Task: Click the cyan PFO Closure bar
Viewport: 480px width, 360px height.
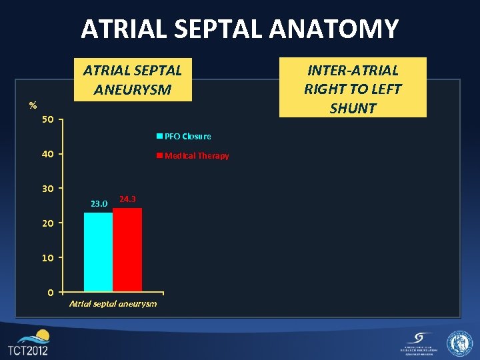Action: [x=98, y=252]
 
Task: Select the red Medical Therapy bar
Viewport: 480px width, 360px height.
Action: [x=127, y=250]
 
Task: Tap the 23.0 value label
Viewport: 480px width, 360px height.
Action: [x=99, y=203]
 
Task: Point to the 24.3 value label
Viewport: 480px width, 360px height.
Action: [x=127, y=199]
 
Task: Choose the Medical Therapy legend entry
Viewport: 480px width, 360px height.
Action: [x=193, y=156]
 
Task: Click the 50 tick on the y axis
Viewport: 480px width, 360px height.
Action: [x=47, y=120]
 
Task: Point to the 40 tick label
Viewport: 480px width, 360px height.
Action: [x=47, y=154]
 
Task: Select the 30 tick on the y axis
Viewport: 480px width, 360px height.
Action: [x=47, y=189]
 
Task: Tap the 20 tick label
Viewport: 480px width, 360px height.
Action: [x=47, y=223]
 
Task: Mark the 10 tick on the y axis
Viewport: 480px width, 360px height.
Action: [x=47, y=257]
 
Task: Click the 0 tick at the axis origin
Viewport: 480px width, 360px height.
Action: [x=51, y=292]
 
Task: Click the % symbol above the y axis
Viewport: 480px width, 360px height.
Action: [x=33, y=105]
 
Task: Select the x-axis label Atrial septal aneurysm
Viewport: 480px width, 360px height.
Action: [x=113, y=304]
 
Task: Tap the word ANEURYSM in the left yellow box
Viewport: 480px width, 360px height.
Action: [x=133, y=89]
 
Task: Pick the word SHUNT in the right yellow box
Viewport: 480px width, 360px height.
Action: [x=353, y=108]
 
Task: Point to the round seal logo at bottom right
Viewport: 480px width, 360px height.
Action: [x=459, y=343]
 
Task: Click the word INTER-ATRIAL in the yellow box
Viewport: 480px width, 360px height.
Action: [x=353, y=70]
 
